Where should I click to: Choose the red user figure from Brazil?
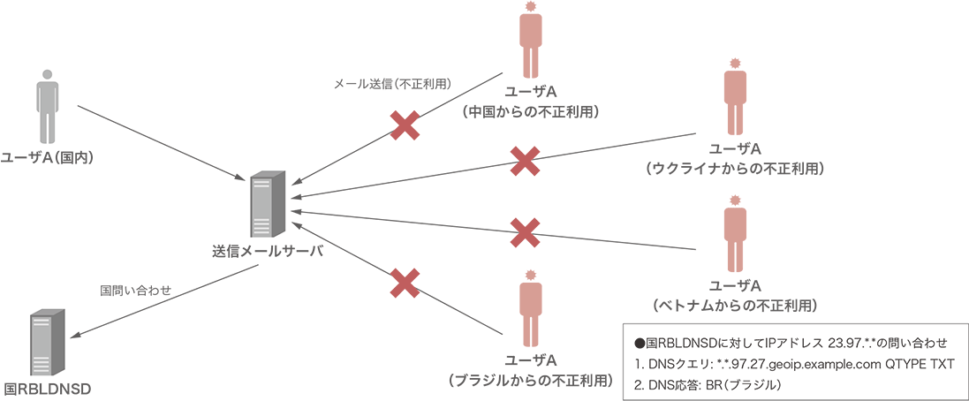pos(531,311)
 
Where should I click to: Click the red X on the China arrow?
pos(405,125)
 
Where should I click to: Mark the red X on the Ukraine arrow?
pos(526,160)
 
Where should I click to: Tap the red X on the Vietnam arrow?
pos(526,233)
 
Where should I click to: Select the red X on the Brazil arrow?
pos(405,283)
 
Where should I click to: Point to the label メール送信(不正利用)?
pos(392,85)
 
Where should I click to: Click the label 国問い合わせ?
pos(135,289)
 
